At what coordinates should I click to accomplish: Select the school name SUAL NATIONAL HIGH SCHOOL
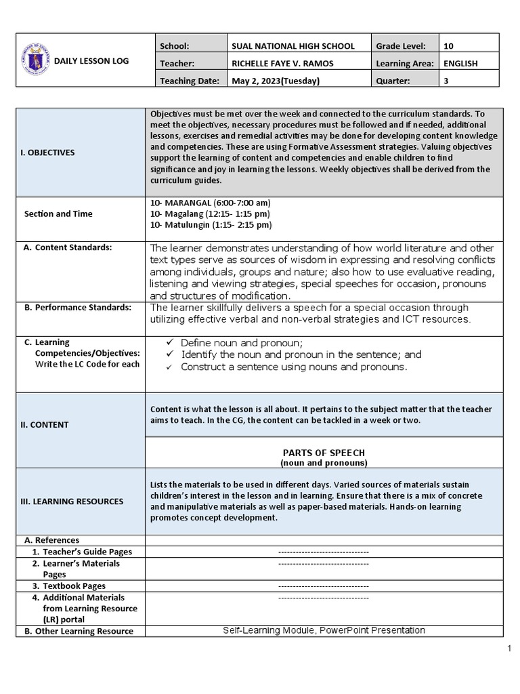292,46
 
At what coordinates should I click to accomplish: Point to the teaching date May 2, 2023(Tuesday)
276,81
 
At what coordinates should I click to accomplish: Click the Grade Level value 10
449,46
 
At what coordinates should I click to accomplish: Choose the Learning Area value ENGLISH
460,64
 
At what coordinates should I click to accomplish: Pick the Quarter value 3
446,81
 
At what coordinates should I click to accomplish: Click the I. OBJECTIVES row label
47,152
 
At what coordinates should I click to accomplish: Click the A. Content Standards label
68,247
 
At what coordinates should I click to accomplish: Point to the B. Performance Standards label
77,307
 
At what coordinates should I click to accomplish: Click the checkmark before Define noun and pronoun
170,343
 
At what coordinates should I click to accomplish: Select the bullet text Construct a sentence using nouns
294,367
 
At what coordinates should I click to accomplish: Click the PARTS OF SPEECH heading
324,452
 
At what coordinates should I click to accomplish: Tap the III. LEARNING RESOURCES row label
70,502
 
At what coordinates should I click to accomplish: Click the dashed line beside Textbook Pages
324,586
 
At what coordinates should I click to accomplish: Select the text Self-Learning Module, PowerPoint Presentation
324,630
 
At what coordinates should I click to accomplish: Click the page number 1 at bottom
508,649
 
